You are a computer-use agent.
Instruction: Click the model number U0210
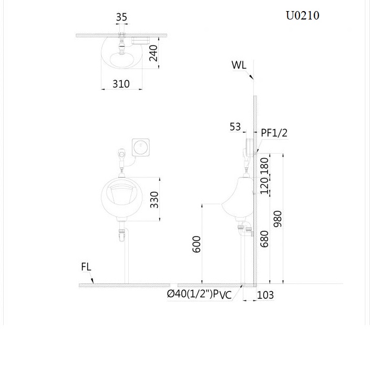(x=302, y=15)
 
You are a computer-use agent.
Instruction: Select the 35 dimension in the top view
(x=121, y=17)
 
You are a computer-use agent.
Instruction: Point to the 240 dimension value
(x=153, y=53)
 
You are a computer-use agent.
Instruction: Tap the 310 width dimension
(x=121, y=84)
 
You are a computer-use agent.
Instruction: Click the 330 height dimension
(x=155, y=200)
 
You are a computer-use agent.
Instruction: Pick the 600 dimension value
(x=197, y=244)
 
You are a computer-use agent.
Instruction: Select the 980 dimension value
(x=278, y=219)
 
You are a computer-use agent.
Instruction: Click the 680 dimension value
(x=265, y=238)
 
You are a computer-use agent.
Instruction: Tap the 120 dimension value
(x=265, y=185)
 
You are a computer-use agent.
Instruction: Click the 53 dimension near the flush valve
(x=235, y=126)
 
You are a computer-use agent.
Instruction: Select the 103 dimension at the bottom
(x=265, y=295)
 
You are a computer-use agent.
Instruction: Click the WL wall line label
(x=239, y=65)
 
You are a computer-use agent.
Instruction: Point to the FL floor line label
(x=86, y=267)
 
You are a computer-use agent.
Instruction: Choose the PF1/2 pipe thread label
(x=274, y=133)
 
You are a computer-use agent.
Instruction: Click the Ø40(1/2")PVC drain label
(x=199, y=295)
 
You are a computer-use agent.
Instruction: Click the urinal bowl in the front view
(x=121, y=199)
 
